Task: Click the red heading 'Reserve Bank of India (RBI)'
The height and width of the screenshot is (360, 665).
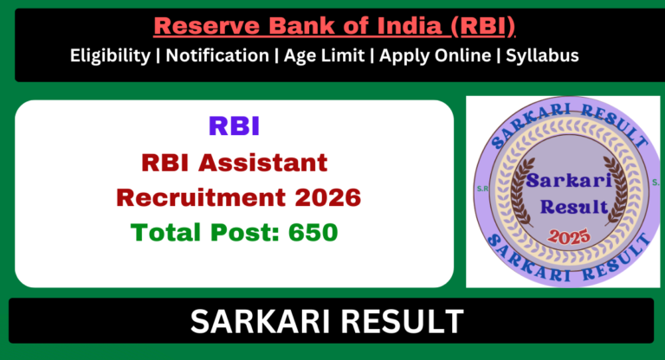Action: (333, 26)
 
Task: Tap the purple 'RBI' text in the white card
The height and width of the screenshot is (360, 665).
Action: (234, 126)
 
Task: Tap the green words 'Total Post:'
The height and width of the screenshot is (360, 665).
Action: (201, 233)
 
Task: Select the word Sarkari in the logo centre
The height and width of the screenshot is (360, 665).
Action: (565, 180)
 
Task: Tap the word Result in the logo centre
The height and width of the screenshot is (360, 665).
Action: (565, 208)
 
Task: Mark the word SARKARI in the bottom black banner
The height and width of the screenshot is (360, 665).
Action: (260, 322)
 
